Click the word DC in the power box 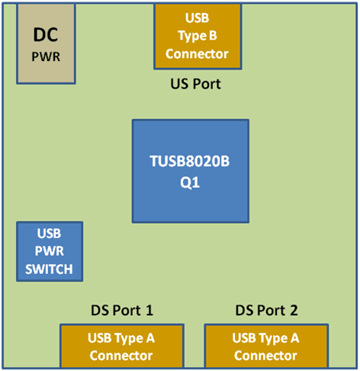pyautogui.click(x=46, y=35)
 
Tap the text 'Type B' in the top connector pyautogui.click(x=197, y=36)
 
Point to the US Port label pyautogui.click(x=195, y=83)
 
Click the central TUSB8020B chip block pyautogui.click(x=190, y=171)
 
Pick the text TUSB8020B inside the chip pyautogui.click(x=190, y=161)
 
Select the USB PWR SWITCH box pyautogui.click(x=50, y=251)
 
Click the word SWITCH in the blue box pyautogui.click(x=50, y=269)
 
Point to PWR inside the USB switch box pyautogui.click(x=50, y=251)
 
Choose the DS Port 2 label pyautogui.click(x=266, y=310)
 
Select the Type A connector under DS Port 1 pyautogui.click(x=121, y=347)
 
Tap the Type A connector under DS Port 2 pyautogui.click(x=265, y=347)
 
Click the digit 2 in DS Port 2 pyautogui.click(x=294, y=310)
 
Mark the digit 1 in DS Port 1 pyautogui.click(x=149, y=310)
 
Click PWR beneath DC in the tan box pyautogui.click(x=46, y=56)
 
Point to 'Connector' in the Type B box pyautogui.click(x=197, y=54)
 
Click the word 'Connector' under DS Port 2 pyautogui.click(x=265, y=356)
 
